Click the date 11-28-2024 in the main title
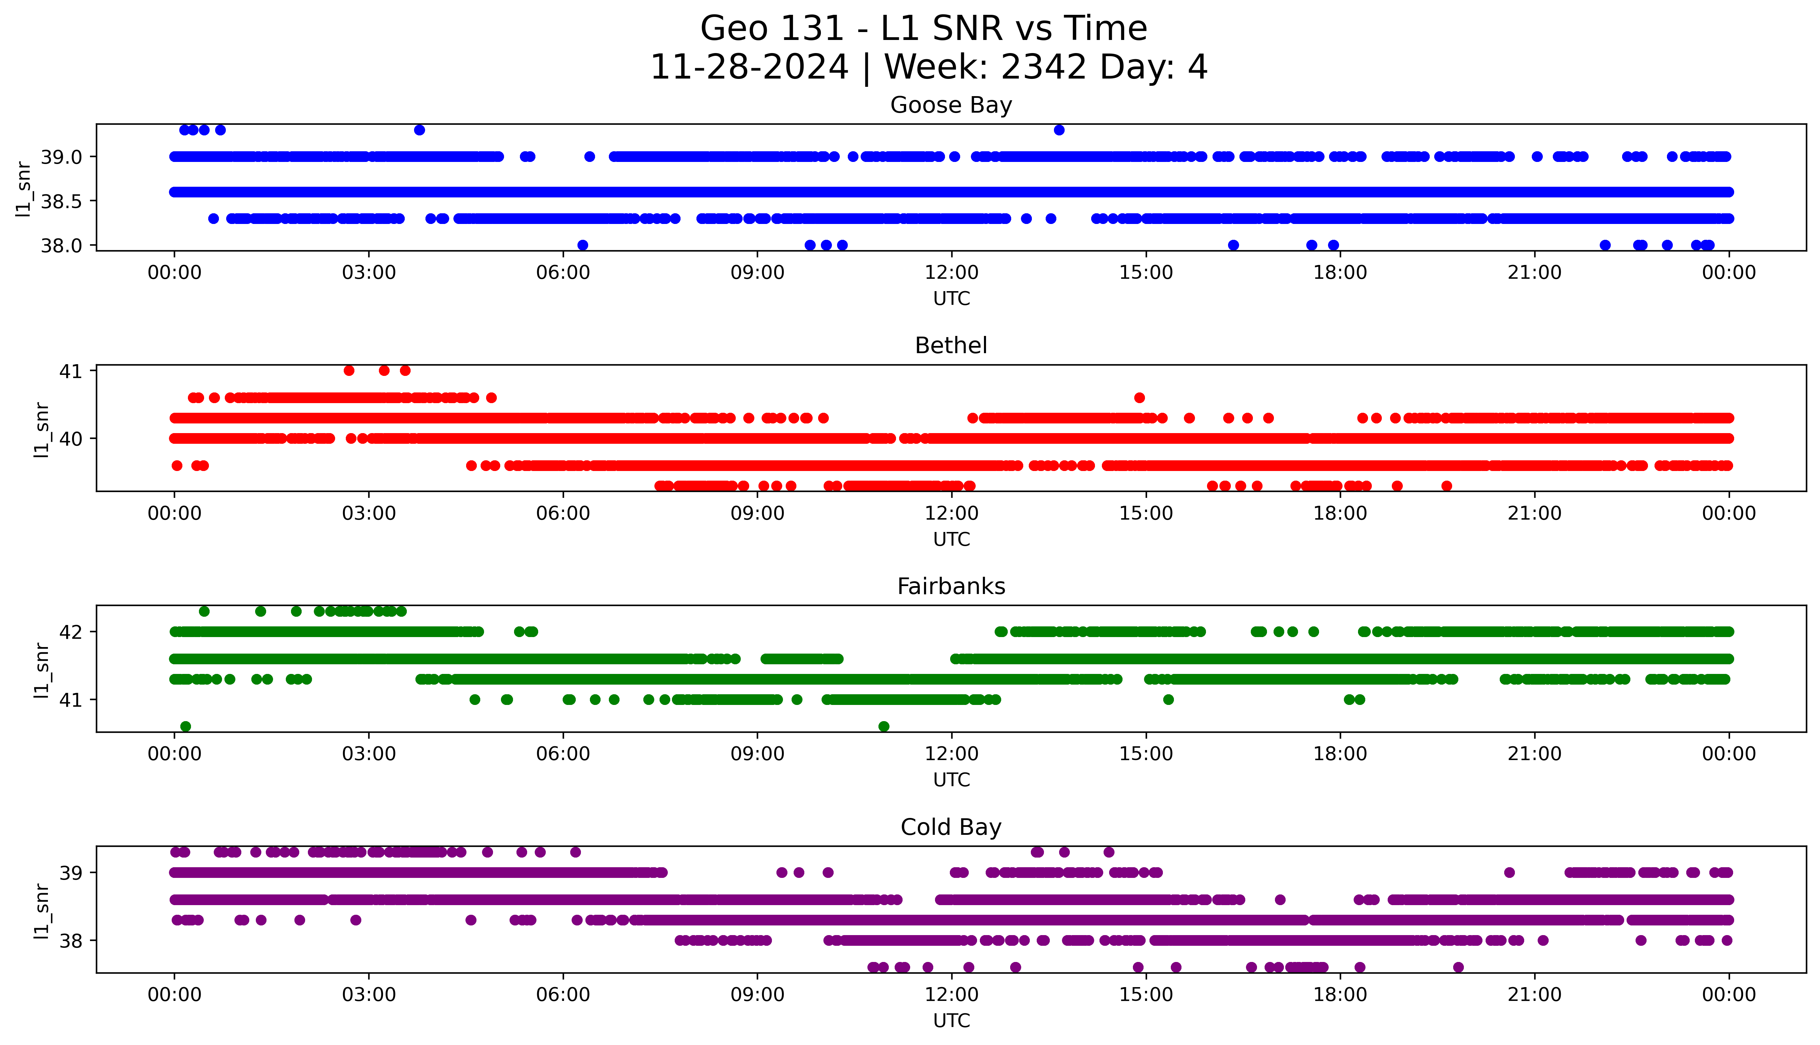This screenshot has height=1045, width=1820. click(x=749, y=68)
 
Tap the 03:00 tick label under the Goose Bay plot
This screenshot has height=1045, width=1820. click(x=369, y=273)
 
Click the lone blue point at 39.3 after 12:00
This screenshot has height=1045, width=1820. click(x=1059, y=130)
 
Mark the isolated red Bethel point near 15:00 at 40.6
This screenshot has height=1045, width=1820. click(x=1139, y=398)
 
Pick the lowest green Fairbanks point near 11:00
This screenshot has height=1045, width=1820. click(x=884, y=726)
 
